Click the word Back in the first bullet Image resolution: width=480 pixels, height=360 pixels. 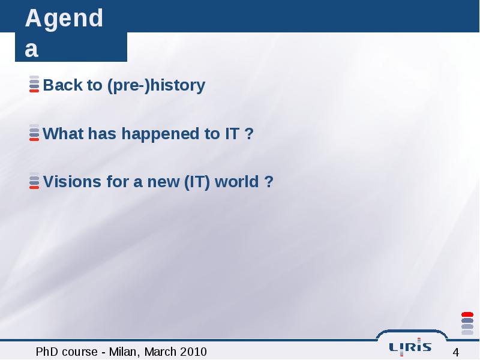(x=62, y=85)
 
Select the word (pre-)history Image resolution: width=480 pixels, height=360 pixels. (x=156, y=86)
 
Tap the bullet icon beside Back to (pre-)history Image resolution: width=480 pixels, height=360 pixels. (x=34, y=84)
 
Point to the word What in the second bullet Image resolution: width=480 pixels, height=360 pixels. (x=63, y=133)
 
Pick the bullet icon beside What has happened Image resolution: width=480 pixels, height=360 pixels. (x=34, y=133)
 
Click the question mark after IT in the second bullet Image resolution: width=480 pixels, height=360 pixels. (x=249, y=133)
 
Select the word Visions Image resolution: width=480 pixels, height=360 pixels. (x=72, y=182)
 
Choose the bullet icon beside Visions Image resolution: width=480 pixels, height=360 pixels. (x=34, y=181)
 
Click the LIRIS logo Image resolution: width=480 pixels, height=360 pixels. (x=410, y=347)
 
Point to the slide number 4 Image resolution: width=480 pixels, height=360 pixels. (x=456, y=352)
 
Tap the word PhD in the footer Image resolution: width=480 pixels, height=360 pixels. (x=47, y=352)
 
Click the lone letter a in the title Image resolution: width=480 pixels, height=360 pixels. (x=32, y=49)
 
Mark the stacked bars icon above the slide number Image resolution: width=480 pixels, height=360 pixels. (x=467, y=323)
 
